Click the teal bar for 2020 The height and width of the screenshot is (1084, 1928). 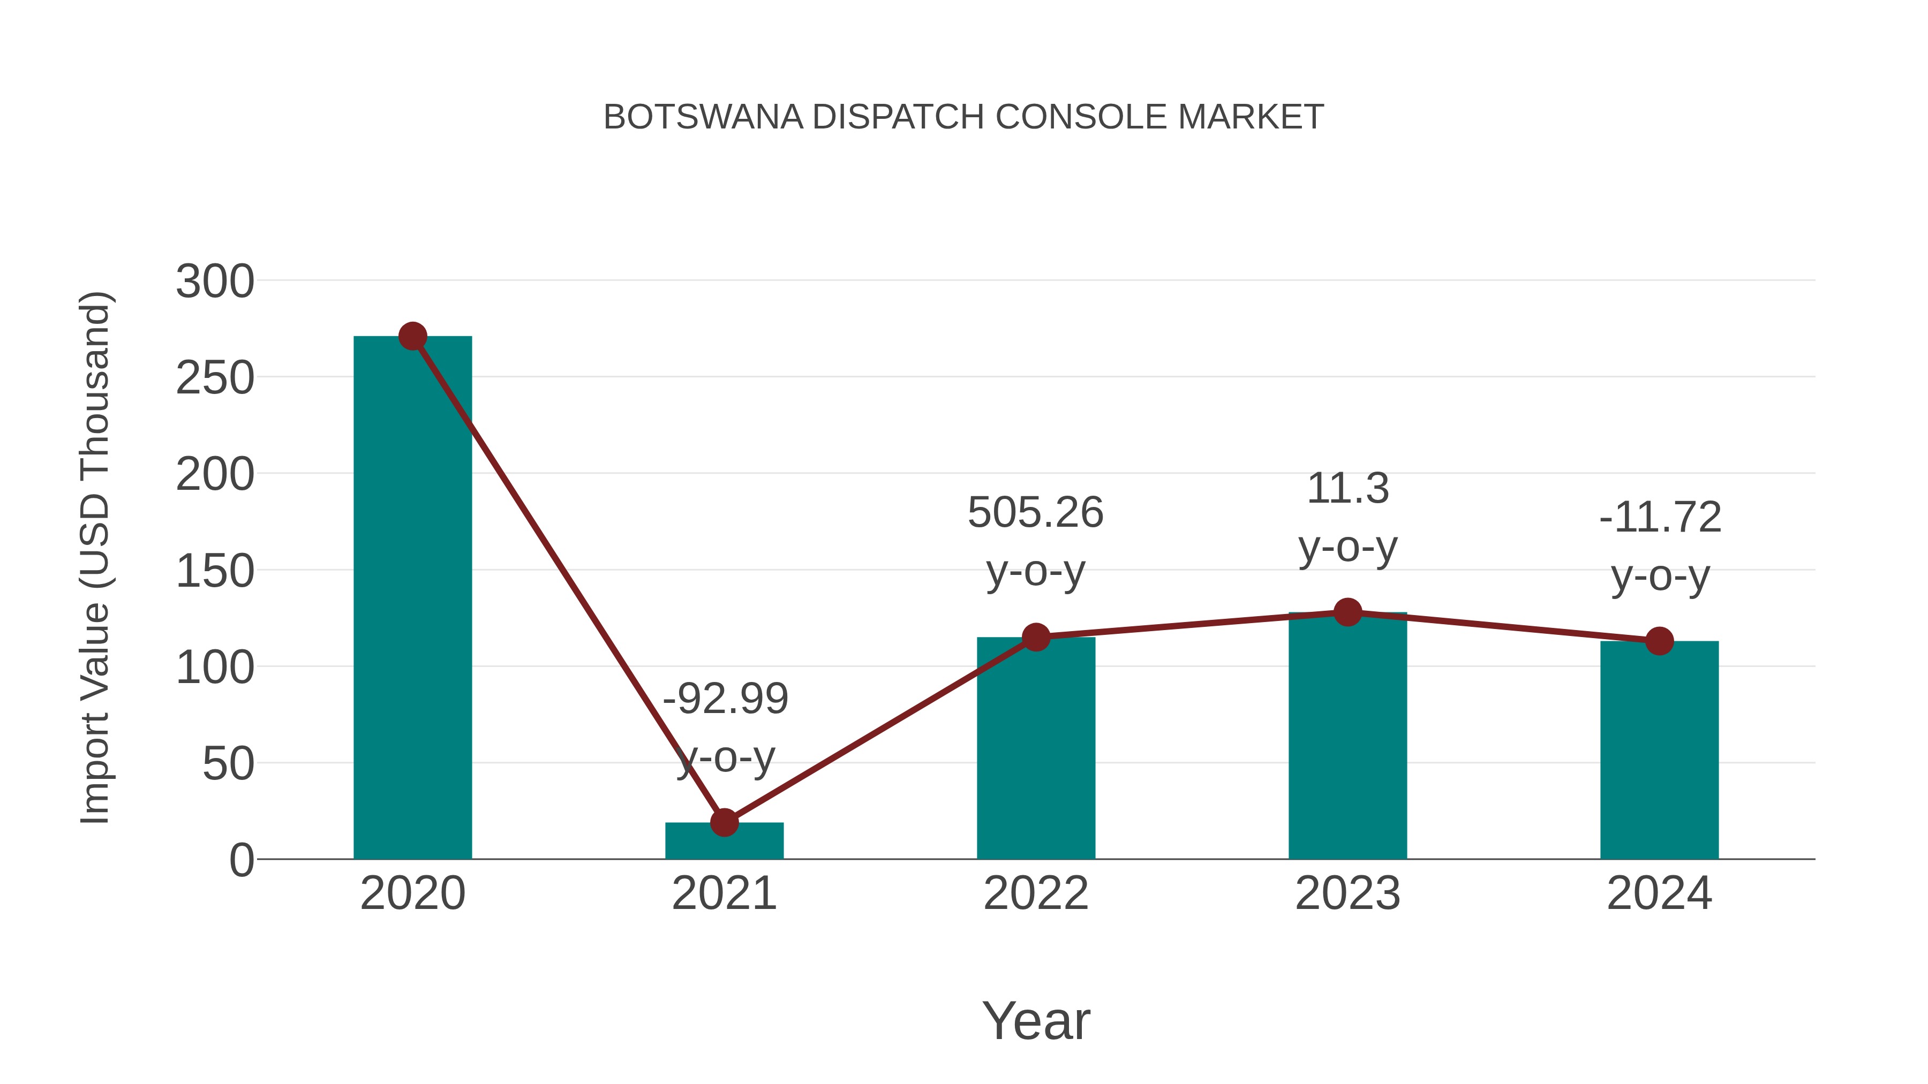[412, 598]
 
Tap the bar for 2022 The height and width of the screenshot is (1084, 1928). [1036, 748]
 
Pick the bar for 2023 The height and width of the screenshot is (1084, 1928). [1347, 737]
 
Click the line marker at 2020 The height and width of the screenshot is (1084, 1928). [412, 337]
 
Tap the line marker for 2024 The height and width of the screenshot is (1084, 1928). [1659, 641]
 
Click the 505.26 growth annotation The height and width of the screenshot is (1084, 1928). [1035, 513]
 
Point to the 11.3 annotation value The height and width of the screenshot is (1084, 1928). [1347, 489]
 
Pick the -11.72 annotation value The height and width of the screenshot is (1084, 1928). [1660, 518]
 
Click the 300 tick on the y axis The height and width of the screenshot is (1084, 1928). [215, 283]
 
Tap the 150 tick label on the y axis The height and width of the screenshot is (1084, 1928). [215, 572]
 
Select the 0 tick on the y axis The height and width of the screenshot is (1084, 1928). [242, 860]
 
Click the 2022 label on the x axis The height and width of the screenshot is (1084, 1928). [1036, 893]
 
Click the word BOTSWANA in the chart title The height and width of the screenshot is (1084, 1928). [703, 117]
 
